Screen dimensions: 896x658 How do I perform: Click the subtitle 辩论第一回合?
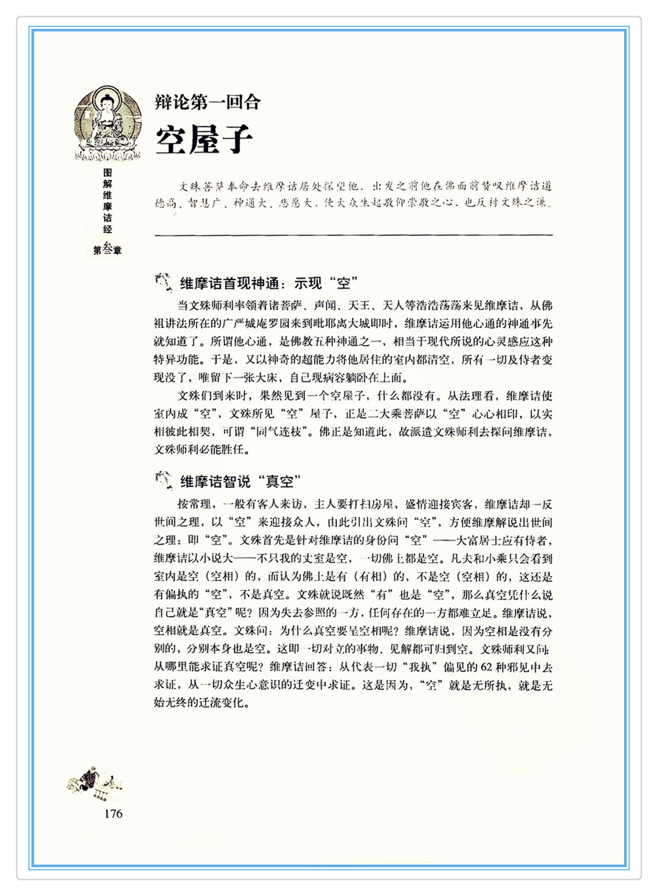click(208, 103)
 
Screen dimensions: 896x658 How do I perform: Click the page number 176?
click(113, 813)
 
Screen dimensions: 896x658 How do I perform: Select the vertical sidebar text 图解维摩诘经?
click(107, 201)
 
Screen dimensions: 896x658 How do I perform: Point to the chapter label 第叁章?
click(107, 249)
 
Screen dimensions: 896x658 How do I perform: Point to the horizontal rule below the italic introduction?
click(353, 235)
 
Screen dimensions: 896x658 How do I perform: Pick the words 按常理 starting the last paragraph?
click(194, 504)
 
